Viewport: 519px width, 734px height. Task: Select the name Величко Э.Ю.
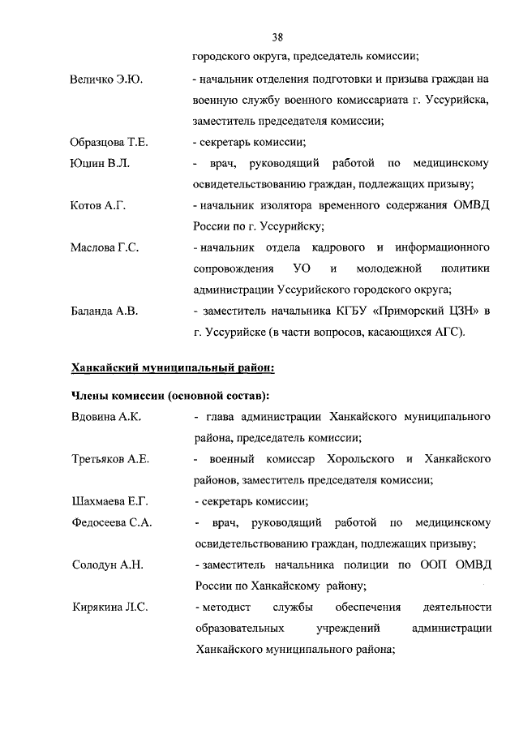click(x=103, y=79)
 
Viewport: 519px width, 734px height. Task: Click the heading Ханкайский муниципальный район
click(x=173, y=368)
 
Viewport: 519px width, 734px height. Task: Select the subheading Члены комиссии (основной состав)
click(x=170, y=397)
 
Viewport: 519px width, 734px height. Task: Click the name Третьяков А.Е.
click(x=109, y=459)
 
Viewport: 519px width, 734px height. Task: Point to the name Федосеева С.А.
click(x=111, y=522)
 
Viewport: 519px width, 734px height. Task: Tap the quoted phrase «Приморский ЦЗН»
click(x=425, y=311)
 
